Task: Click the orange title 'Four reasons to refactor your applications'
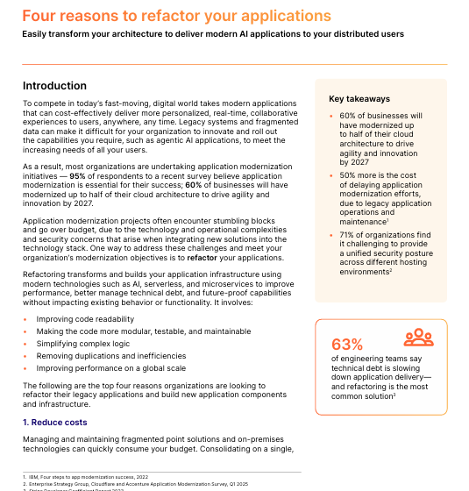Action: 176,17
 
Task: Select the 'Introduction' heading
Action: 54,86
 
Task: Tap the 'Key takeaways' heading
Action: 359,99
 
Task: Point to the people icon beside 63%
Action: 419,338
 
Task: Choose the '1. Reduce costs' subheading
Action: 54,422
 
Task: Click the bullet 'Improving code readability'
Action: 86,319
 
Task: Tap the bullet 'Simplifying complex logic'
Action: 84,344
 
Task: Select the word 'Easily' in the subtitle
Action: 38,35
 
